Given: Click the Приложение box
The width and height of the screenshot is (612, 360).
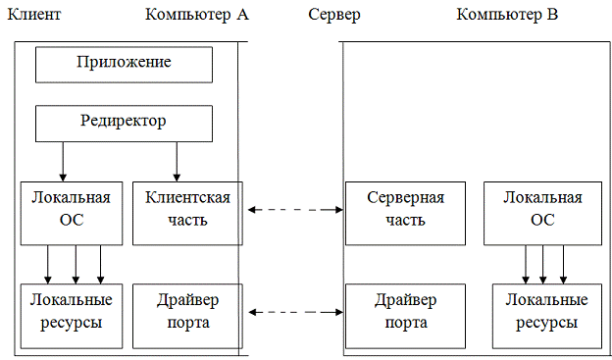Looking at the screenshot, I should (124, 64).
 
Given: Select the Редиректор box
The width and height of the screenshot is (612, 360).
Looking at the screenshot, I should (124, 123).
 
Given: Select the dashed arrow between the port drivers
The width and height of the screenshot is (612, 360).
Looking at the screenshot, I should (294, 312).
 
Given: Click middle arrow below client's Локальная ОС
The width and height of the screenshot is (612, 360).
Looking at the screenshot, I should (76, 262).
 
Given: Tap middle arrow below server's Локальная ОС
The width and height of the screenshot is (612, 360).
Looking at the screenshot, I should (545, 262).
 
